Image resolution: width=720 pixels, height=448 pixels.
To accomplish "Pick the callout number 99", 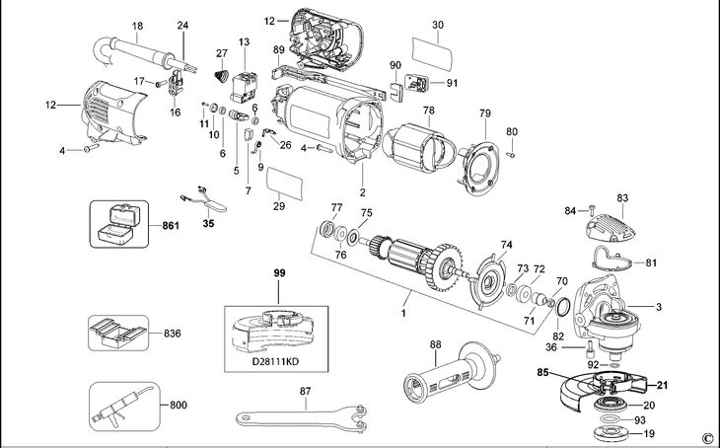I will [278, 270].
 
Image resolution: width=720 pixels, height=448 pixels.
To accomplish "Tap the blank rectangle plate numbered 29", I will [282, 183].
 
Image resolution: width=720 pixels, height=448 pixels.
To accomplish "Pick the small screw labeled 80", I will [512, 155].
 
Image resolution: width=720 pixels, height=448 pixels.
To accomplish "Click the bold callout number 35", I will [207, 224].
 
